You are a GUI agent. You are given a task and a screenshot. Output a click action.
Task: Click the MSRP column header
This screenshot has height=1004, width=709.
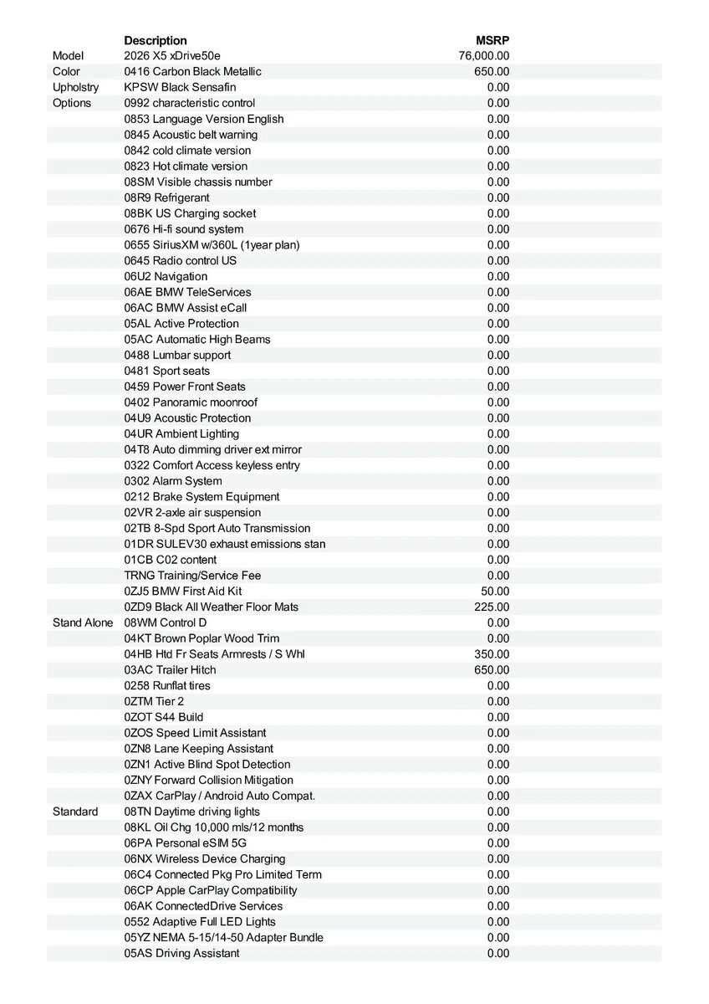(492, 40)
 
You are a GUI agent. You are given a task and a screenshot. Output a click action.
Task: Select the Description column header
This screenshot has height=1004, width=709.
(156, 40)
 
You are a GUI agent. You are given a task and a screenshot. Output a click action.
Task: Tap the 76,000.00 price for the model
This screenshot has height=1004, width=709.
(484, 56)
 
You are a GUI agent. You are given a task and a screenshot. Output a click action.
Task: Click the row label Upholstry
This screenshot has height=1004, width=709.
(75, 87)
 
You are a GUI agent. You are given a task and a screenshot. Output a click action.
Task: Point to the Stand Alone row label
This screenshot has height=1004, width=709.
(83, 622)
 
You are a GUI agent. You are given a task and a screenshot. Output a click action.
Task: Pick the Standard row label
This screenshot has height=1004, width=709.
(75, 812)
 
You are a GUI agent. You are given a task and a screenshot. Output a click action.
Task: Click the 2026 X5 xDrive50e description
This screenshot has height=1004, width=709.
(172, 56)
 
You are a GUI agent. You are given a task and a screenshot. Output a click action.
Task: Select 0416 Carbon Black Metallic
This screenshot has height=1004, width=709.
(192, 72)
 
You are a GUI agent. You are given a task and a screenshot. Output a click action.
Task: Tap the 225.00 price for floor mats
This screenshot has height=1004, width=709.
(492, 607)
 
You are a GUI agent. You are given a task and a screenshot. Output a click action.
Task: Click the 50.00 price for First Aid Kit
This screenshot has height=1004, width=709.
(495, 591)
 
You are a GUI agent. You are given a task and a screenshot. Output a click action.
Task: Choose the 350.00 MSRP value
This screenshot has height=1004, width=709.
(492, 654)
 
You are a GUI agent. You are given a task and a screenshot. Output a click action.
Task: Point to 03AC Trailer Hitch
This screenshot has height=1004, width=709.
(170, 670)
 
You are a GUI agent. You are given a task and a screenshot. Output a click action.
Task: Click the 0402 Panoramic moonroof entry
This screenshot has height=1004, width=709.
(191, 402)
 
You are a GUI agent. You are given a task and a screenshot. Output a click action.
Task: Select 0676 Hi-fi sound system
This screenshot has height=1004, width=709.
(184, 229)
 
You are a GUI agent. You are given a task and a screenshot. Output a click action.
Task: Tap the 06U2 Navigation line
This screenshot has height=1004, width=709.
(166, 276)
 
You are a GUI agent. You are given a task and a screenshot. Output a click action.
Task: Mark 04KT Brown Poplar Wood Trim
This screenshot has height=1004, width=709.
(201, 638)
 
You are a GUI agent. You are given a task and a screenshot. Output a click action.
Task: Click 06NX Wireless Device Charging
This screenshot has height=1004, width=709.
(205, 858)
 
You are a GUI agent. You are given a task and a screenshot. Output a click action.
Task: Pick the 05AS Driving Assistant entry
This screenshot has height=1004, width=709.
(181, 953)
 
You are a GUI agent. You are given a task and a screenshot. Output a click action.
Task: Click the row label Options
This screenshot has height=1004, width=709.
(72, 103)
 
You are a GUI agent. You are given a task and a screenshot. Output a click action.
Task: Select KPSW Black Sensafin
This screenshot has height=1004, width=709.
(180, 87)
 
